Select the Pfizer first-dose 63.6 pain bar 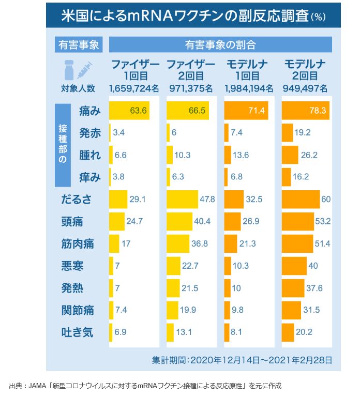(129, 111)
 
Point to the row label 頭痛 (72, 222)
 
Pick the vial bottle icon (67, 70)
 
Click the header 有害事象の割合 (220, 44)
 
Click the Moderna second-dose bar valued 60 (301, 200)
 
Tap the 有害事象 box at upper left (79, 44)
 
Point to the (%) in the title (318, 17)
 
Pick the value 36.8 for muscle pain (200, 244)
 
